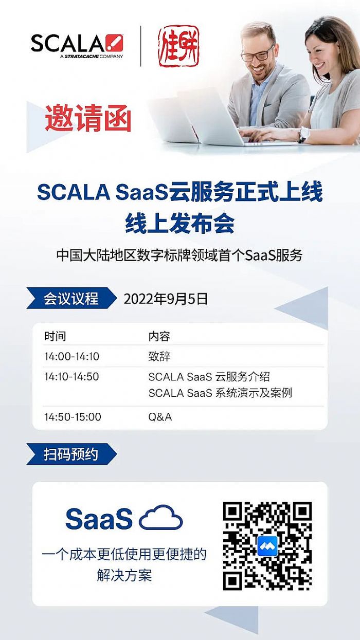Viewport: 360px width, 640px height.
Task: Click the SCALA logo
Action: pyautogui.click(x=77, y=46)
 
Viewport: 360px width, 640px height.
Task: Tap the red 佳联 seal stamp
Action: pyautogui.click(x=178, y=46)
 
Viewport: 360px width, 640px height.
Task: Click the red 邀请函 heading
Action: pyautogui.click(x=88, y=118)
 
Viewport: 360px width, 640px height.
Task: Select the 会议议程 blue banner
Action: pyautogui.click(x=71, y=298)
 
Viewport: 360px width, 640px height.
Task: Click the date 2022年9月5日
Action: pyautogui.click(x=166, y=299)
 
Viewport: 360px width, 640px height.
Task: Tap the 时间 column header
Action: pyautogui.click(x=55, y=336)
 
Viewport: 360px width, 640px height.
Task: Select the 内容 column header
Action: pyautogui.click(x=159, y=336)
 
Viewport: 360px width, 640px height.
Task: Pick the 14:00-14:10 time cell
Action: pyautogui.click(x=72, y=356)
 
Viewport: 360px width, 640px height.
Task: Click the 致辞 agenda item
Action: pyautogui.click(x=159, y=356)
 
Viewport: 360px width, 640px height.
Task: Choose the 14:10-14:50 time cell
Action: pyautogui.click(x=71, y=377)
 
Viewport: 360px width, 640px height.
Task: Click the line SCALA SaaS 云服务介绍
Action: pyautogui.click(x=209, y=377)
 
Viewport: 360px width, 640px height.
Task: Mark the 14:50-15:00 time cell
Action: pyautogui.click(x=73, y=417)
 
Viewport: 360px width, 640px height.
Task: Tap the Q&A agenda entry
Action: pyautogui.click(x=160, y=417)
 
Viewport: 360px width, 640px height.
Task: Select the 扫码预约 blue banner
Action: pyautogui.click(x=71, y=454)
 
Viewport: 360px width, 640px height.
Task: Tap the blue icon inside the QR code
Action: pyautogui.click(x=267, y=546)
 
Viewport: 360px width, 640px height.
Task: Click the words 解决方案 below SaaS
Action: pyautogui.click(x=124, y=575)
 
